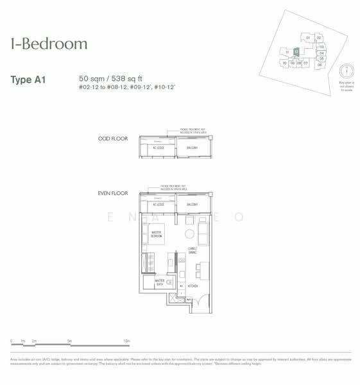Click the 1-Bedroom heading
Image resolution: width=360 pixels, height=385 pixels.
(49, 44)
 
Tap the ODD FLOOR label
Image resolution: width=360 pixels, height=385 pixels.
(113, 139)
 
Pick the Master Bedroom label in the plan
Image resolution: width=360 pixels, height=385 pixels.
(157, 235)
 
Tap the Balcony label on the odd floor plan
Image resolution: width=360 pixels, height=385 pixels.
(193, 148)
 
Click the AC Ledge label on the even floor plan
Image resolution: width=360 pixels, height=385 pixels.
(157, 205)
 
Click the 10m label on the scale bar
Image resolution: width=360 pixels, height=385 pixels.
(126, 341)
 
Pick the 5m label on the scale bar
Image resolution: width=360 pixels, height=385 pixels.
(69, 341)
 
